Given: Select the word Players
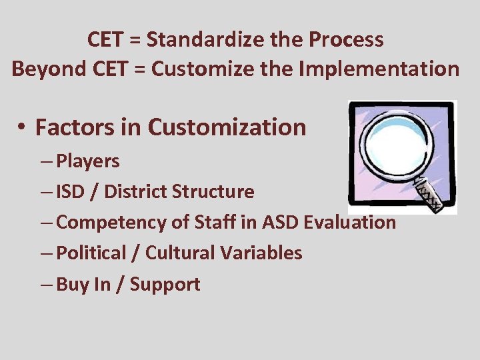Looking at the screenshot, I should click(x=88, y=161).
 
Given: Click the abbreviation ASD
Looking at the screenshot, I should click(x=280, y=223).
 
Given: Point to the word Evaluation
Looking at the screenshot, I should click(x=349, y=223).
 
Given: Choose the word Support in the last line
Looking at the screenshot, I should click(x=165, y=285).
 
